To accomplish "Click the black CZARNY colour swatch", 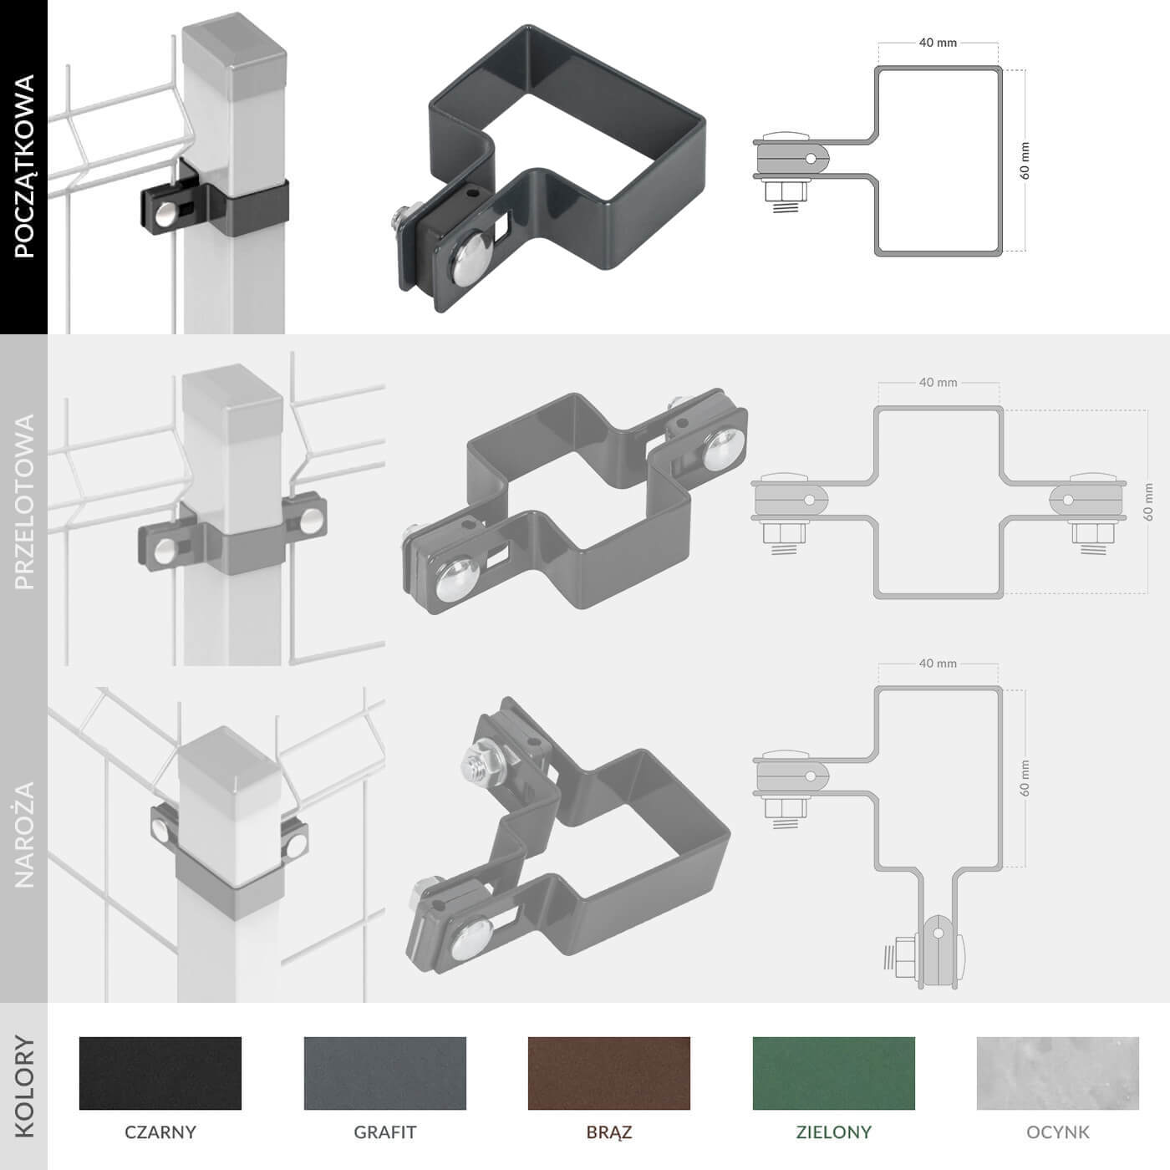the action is tap(160, 1073).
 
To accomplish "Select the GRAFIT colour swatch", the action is tap(385, 1073).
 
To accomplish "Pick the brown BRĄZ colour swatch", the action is tap(609, 1073).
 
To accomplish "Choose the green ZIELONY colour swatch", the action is tap(834, 1073).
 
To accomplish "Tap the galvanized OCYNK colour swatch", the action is tap(1058, 1073).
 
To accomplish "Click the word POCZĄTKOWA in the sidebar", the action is tap(24, 165).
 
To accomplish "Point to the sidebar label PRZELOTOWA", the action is tap(24, 501).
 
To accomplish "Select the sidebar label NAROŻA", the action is tap(24, 835).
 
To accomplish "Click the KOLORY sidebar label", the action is tap(24, 1086).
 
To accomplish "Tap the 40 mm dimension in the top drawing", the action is tap(938, 43).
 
